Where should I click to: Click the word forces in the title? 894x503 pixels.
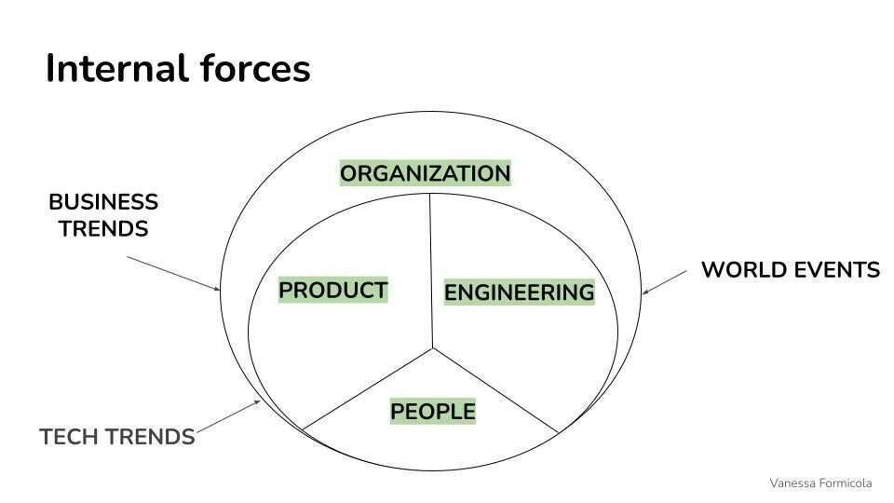pos(255,68)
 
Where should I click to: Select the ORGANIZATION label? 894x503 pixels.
pos(426,173)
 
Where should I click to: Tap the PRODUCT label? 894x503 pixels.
pos(333,291)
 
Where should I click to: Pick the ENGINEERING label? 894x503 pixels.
pos(520,292)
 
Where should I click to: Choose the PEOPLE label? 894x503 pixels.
pos(433,411)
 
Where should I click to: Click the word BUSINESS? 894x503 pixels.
pos(103,202)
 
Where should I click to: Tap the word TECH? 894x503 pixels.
pos(68,437)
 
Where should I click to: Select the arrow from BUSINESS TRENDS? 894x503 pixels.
pos(173,274)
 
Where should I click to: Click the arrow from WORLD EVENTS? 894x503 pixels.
pos(665,282)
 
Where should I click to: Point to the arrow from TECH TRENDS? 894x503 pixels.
pos(228,417)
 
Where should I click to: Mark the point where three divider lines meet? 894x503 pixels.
pos(433,347)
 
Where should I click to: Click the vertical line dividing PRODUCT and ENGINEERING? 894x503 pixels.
pos(431,271)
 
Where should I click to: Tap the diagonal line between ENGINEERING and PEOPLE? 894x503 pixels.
pos(495,390)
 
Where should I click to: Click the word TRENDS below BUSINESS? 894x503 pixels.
pos(103,229)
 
